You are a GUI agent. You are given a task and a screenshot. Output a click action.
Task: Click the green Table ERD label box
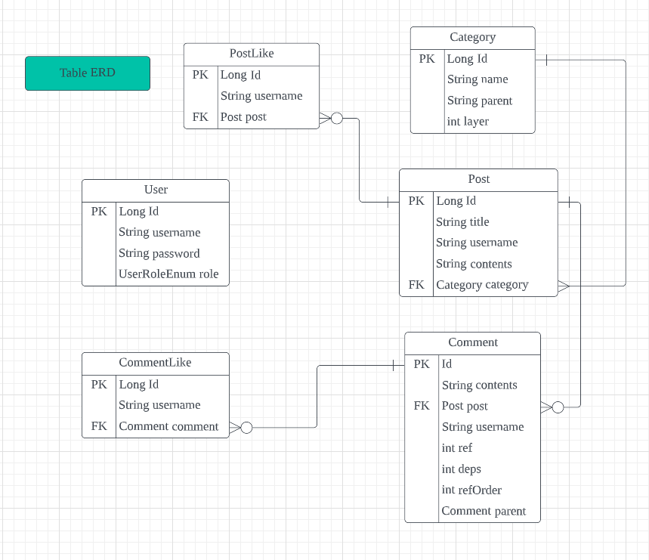click(x=88, y=73)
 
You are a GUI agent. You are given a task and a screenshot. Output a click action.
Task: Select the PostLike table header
click(x=252, y=54)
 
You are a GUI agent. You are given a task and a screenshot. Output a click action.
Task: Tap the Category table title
click(x=472, y=37)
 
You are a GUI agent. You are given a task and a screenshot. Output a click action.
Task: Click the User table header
click(x=156, y=190)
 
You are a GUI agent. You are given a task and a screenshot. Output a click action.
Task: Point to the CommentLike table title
click(x=155, y=363)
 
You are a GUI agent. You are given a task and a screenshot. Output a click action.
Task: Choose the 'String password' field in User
click(x=159, y=253)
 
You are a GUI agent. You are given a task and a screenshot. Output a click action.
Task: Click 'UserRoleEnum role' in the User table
click(x=168, y=274)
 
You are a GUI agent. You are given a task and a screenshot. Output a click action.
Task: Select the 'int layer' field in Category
click(x=468, y=121)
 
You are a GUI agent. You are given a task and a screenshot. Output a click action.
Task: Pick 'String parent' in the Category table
click(x=479, y=101)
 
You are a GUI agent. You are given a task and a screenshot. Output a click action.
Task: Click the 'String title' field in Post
click(x=462, y=221)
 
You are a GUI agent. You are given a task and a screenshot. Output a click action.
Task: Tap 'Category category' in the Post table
click(x=482, y=285)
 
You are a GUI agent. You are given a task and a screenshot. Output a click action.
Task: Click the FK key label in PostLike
click(x=200, y=116)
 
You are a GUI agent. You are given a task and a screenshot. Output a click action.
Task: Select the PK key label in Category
click(x=427, y=58)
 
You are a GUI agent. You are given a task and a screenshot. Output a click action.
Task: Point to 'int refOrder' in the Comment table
click(x=471, y=490)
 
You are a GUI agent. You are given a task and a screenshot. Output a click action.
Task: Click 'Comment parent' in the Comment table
click(x=484, y=511)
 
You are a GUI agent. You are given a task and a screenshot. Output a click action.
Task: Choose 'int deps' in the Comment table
click(x=461, y=469)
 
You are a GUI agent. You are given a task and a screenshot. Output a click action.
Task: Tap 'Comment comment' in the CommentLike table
click(x=168, y=426)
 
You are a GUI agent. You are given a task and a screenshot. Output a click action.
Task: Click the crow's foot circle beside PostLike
click(x=337, y=118)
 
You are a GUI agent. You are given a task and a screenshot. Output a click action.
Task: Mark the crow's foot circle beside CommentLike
click(x=246, y=428)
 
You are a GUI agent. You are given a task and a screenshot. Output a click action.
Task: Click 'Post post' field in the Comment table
click(x=465, y=406)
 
